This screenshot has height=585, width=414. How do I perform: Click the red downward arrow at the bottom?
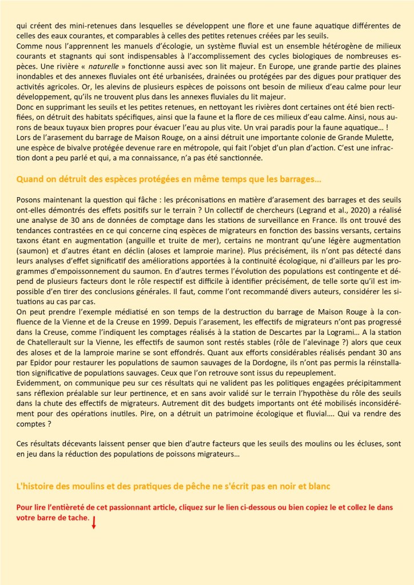(94, 522)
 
